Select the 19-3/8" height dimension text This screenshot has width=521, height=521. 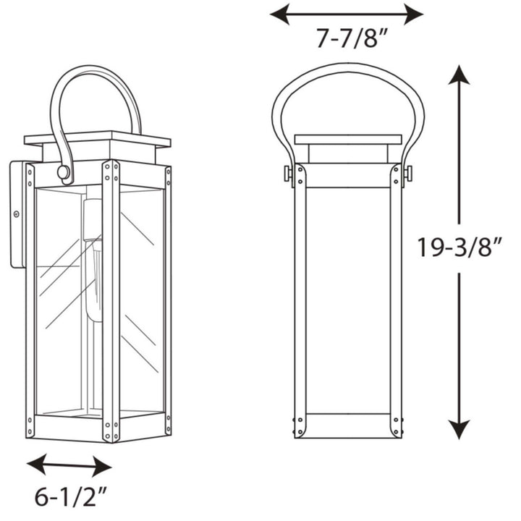tap(459, 247)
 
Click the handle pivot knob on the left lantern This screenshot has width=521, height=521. tap(64, 173)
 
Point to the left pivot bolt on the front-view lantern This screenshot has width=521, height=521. tap(288, 174)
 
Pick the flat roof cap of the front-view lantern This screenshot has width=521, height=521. tap(347, 139)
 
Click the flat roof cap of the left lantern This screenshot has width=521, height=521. tap(97, 137)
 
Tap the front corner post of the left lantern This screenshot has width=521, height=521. tap(111, 300)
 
